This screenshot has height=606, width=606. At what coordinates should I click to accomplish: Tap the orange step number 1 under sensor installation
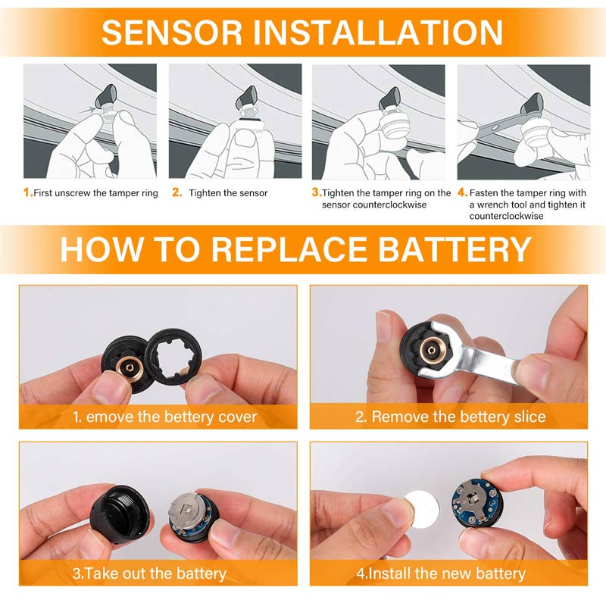(x=27, y=192)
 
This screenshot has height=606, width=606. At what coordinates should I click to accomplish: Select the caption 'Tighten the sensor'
(x=228, y=193)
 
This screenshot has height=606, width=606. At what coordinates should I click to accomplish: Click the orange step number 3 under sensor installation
(x=316, y=192)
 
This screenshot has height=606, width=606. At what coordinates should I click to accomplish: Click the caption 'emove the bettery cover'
(x=171, y=417)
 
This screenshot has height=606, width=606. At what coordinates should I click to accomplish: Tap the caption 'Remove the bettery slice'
(x=459, y=417)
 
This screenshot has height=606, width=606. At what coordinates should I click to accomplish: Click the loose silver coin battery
(x=420, y=505)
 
